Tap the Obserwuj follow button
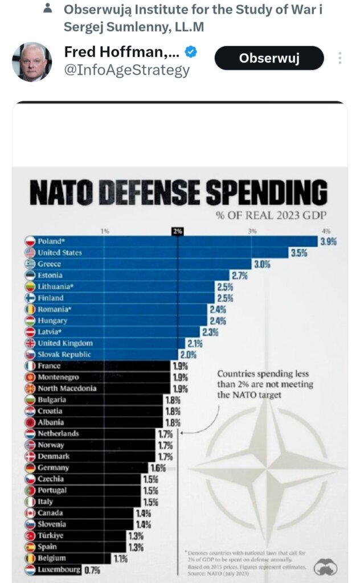coord(269,58)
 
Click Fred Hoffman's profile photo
coord(32,61)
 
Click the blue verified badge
coord(191,52)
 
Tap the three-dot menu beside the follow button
coord(340,58)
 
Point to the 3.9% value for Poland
coord(328,241)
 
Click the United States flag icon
coord(31,253)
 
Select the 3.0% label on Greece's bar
coord(261,264)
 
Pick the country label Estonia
coord(50,276)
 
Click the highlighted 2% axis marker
coord(177,231)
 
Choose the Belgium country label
coord(52,559)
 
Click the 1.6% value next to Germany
coord(157,468)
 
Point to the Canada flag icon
coord(31,513)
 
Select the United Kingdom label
coord(65,343)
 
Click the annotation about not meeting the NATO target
coord(263,384)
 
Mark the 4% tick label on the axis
coord(326,231)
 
